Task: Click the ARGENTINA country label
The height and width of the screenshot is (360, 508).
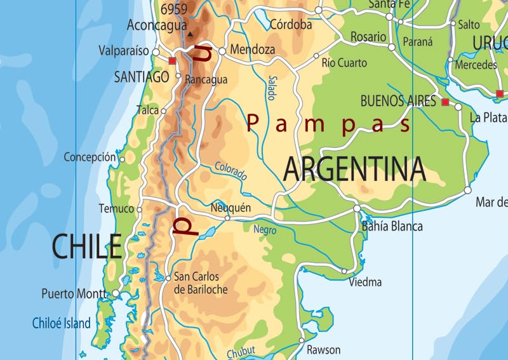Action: point(354,169)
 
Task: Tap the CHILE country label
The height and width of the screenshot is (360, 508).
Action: point(86,246)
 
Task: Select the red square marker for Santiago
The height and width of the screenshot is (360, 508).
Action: point(172,61)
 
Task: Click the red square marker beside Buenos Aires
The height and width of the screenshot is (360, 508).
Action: point(445,102)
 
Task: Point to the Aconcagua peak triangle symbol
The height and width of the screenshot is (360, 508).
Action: point(189,34)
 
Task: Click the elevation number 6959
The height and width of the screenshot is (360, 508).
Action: point(173,9)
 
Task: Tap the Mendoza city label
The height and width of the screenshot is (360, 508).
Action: point(253,50)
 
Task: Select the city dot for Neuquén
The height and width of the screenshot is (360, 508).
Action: point(227,218)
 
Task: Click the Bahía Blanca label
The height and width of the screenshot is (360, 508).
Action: point(392,226)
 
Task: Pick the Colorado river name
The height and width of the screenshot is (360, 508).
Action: point(231,171)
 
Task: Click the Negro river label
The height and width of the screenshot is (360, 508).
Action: point(265,230)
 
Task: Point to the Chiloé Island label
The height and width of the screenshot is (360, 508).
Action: point(62,324)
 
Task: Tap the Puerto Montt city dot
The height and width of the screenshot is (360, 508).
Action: point(116,293)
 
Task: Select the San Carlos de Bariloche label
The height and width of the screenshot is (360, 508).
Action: point(200,283)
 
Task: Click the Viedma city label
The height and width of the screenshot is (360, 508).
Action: point(365,282)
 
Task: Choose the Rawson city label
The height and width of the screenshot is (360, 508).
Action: point(323,350)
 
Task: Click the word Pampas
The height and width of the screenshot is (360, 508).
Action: point(329,123)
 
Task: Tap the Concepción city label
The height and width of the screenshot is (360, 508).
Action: point(90,157)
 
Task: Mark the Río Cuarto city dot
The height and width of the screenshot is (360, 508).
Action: point(316,56)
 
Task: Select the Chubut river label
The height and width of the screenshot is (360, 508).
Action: point(241,352)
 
